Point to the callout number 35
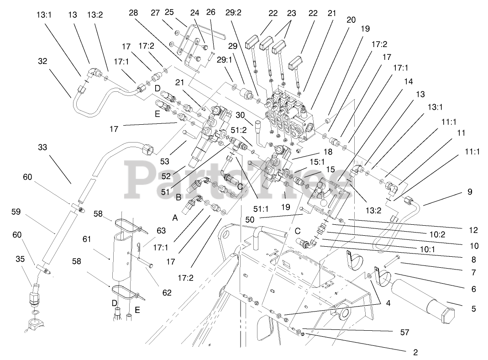point(21,259)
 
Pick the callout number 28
point(133,13)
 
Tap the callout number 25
point(170,11)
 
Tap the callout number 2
point(415,352)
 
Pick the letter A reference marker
point(175,218)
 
